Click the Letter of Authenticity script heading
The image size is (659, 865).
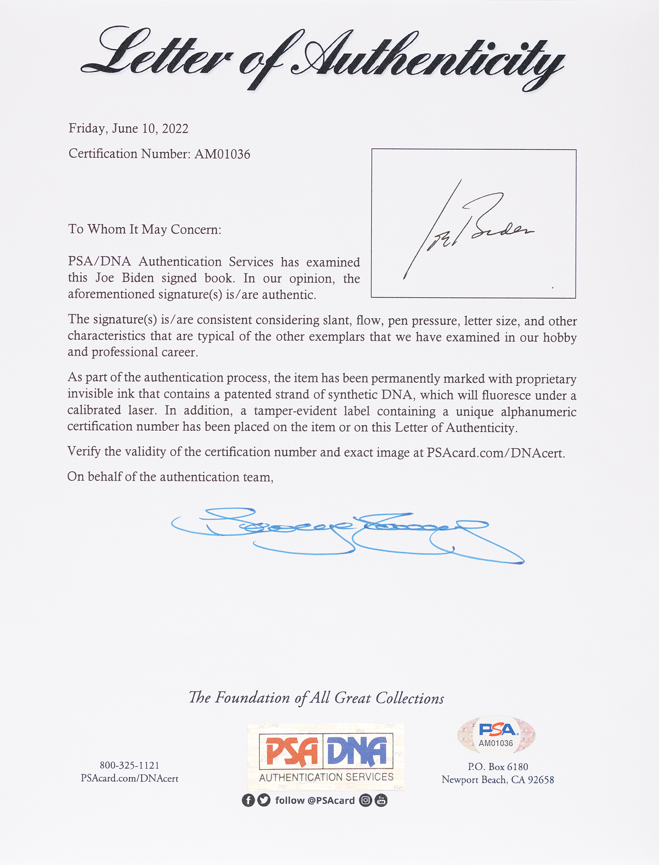point(322,58)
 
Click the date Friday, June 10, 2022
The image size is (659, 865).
point(128,128)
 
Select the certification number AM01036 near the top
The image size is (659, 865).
point(222,154)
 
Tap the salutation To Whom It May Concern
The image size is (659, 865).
point(144,229)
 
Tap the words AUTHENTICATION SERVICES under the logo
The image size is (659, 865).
point(326,777)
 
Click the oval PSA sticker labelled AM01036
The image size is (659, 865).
point(496,734)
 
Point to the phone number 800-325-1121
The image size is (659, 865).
point(129,766)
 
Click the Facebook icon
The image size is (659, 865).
point(248,801)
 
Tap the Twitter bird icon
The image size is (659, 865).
point(263,801)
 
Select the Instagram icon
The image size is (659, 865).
point(366,801)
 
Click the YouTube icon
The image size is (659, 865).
point(381,801)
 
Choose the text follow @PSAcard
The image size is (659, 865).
point(315,801)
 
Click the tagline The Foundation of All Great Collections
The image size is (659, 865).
point(316,698)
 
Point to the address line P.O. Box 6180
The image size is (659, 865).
point(498,767)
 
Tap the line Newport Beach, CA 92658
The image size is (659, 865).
point(498,780)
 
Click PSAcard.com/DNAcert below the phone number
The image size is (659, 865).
point(129,778)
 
